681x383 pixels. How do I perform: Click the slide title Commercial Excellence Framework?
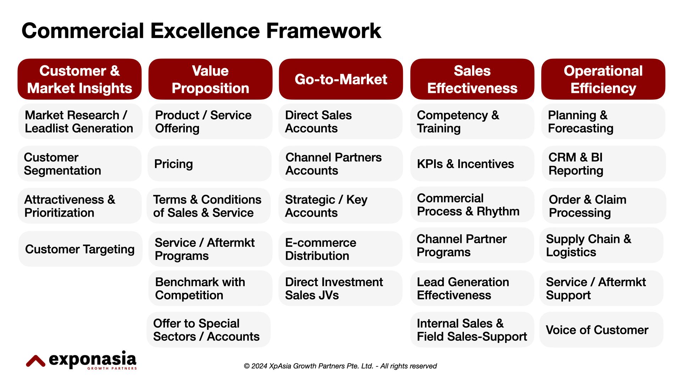pos(201,31)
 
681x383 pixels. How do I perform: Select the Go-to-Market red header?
pos(341,79)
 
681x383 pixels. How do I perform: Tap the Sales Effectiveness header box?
pos(472,79)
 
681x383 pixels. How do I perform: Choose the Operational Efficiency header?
pos(603,79)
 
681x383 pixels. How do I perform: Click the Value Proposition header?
pos(210,79)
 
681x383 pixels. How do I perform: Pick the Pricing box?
pos(209,164)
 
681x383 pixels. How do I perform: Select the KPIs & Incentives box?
pos(472,164)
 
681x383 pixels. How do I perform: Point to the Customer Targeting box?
pos(80,249)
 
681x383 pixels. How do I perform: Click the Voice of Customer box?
pos(601,330)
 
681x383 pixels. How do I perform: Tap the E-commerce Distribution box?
pos(340,249)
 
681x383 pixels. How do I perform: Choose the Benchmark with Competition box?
pos(210,288)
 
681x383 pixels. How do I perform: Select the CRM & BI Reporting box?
pos(603,164)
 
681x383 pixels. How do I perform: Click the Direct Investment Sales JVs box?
pos(340,288)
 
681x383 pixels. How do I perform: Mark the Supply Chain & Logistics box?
pos(601,245)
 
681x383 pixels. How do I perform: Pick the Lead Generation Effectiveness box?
pos(472,288)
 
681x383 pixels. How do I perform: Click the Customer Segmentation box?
pos(80,164)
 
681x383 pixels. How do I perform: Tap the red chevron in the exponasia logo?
pos(35,361)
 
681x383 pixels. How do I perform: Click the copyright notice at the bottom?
pos(340,366)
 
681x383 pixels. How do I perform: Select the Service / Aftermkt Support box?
pos(601,288)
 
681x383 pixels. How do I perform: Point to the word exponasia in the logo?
pos(93,359)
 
